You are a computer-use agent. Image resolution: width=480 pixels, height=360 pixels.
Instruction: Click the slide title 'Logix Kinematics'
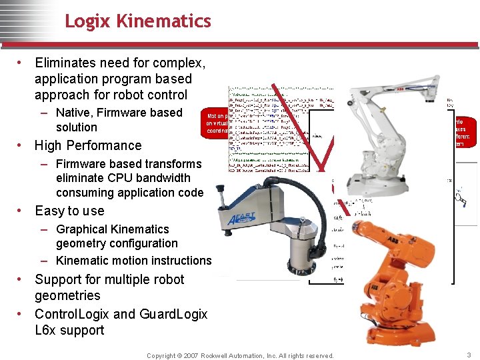pos(138,21)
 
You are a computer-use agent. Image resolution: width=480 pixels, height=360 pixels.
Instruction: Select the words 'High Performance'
pos(88,145)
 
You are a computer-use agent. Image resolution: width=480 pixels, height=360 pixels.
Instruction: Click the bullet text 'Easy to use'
pos(69,211)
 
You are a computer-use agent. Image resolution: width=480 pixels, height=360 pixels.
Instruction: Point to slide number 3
pos(468,355)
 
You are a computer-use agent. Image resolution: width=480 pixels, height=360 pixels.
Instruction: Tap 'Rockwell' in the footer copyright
pos(217,356)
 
